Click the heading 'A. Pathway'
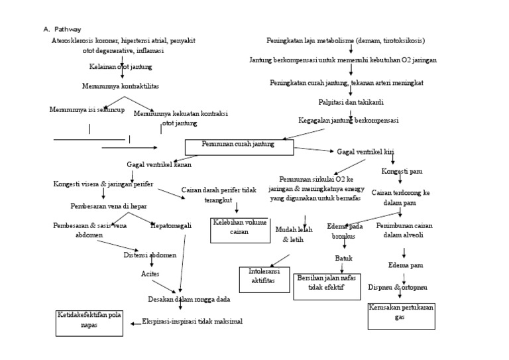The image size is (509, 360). [x=63, y=29]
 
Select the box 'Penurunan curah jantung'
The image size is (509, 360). [x=239, y=147]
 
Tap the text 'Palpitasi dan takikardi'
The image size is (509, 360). [x=350, y=102]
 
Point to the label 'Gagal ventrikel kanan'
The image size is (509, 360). [x=156, y=164]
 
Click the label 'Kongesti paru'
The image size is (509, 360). [x=402, y=171]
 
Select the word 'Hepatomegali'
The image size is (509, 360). [x=171, y=225]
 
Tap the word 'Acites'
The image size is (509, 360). [x=150, y=273]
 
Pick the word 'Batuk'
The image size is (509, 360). [x=343, y=258]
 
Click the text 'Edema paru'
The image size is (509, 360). [x=405, y=266]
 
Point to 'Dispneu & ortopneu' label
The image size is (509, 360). [x=402, y=287]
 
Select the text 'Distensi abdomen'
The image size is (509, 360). [x=150, y=255]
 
